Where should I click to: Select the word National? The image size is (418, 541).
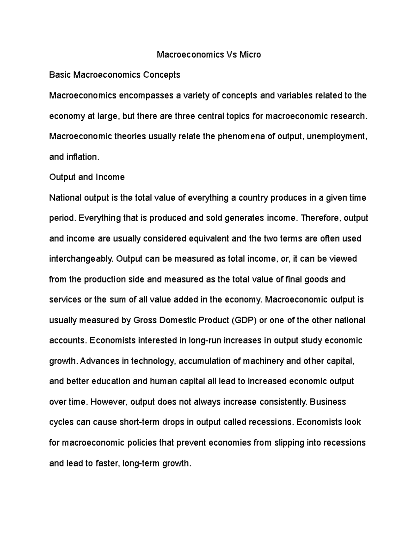[65, 198]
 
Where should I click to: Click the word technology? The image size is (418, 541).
[153, 361]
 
